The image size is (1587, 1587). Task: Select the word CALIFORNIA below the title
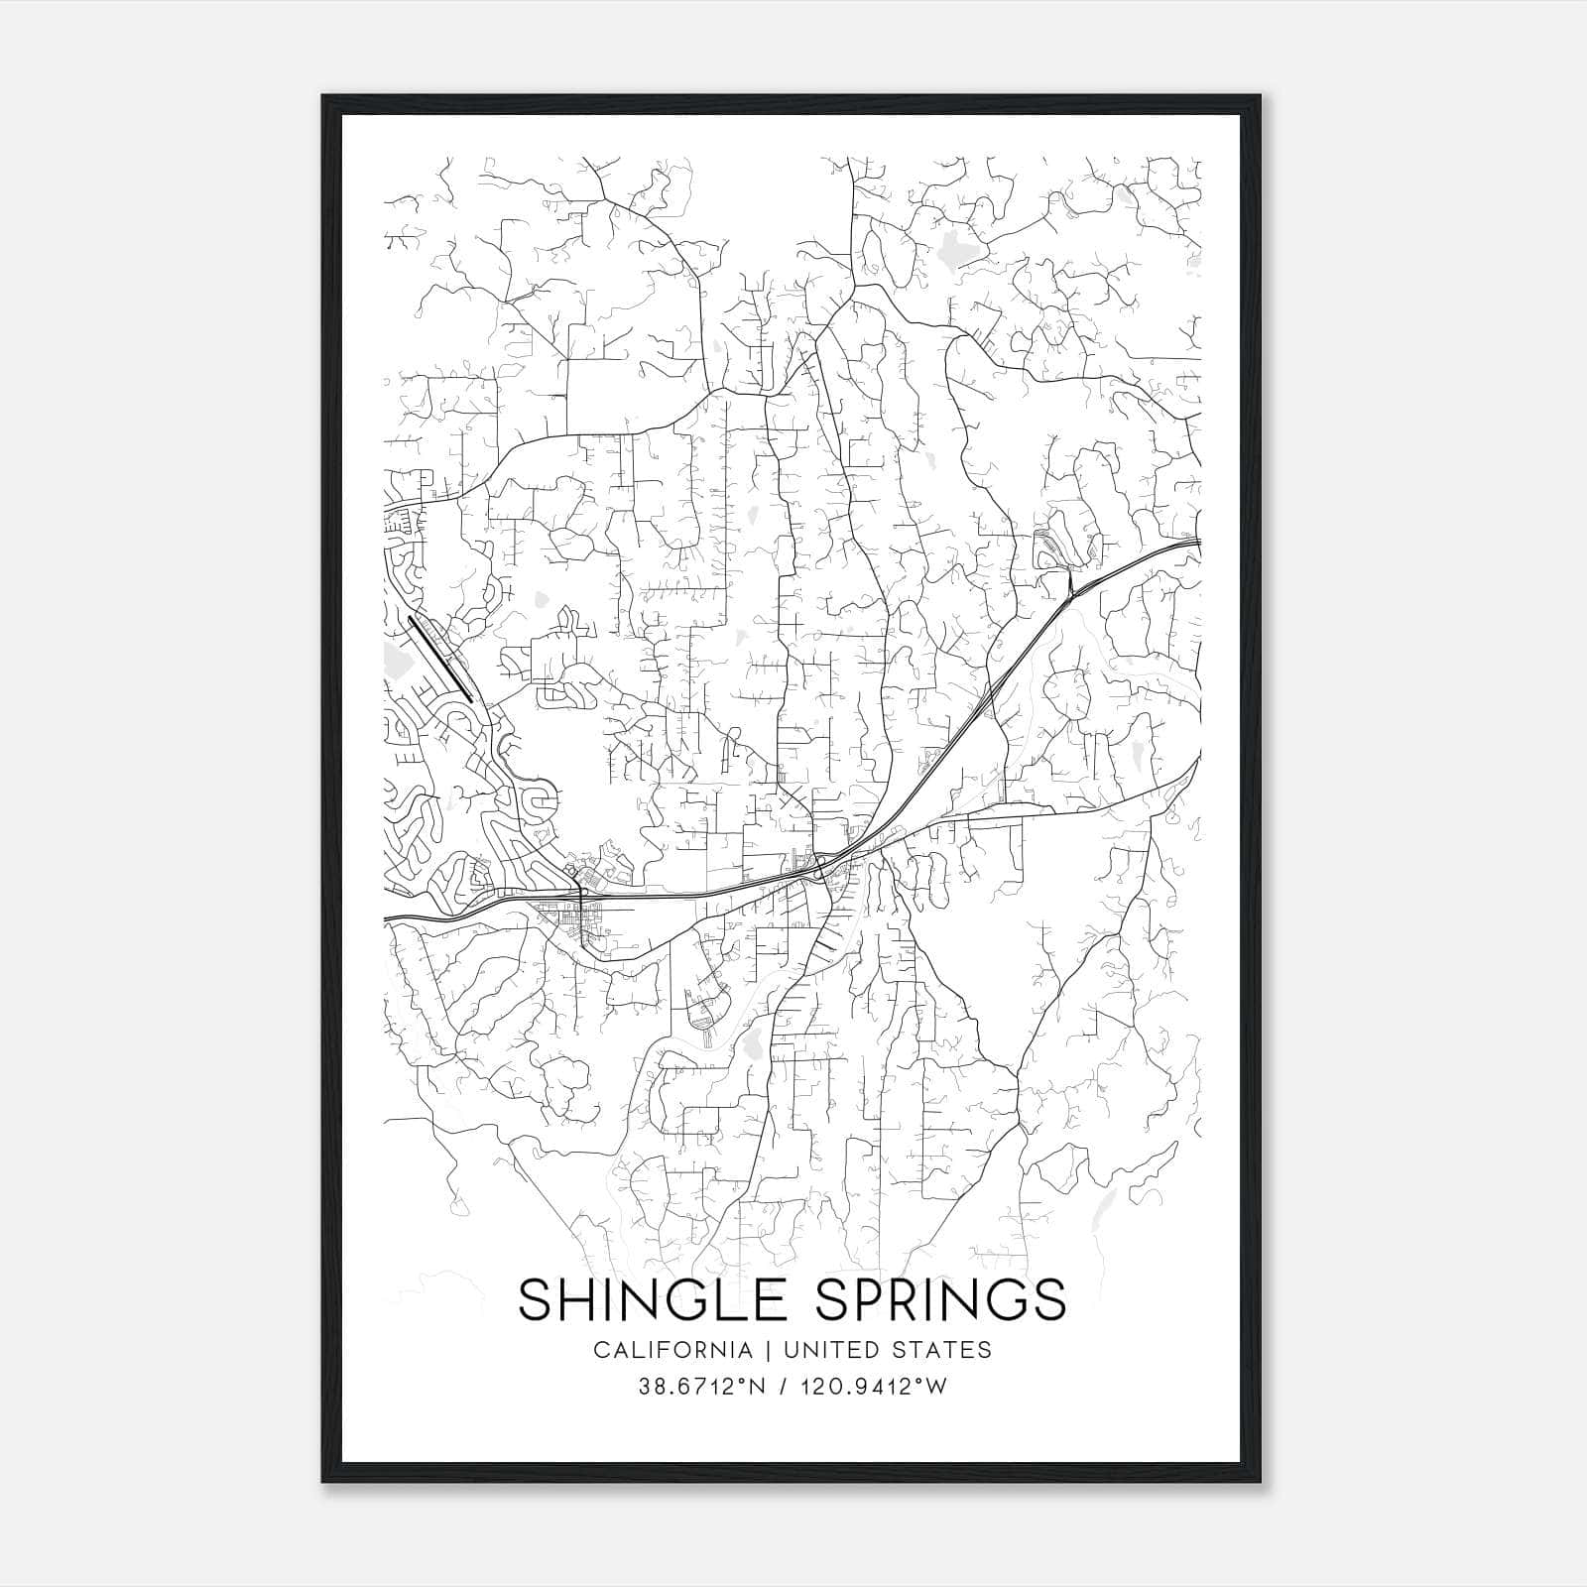(x=671, y=1350)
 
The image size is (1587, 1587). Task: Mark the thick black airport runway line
(x=439, y=659)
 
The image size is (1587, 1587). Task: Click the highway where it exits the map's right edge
(x=1198, y=542)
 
